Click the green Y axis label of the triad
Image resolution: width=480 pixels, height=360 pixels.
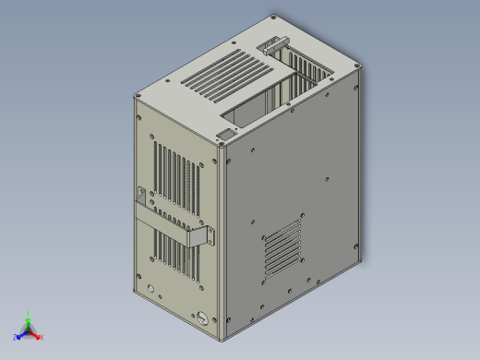click(30, 313)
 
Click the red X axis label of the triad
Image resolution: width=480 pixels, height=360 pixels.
click(42, 337)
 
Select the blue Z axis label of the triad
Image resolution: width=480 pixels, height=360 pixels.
click(16, 337)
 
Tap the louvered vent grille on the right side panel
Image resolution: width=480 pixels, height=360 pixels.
click(282, 247)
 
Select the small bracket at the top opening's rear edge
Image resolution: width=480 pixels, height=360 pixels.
click(273, 43)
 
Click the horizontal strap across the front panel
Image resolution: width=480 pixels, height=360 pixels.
click(171, 223)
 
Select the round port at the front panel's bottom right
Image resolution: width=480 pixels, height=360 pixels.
click(201, 318)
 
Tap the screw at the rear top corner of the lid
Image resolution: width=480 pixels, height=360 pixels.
click(273, 18)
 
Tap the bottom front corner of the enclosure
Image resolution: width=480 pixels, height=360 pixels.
click(222, 337)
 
